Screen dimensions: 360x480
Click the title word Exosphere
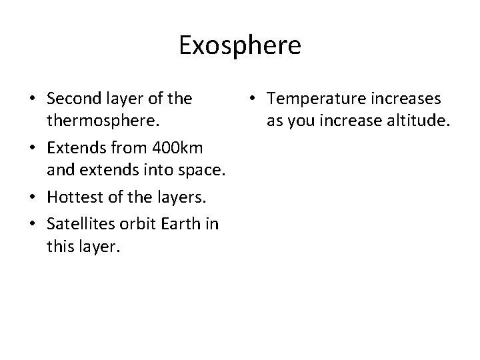pos(240,46)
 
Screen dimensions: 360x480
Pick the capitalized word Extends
pos(74,145)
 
